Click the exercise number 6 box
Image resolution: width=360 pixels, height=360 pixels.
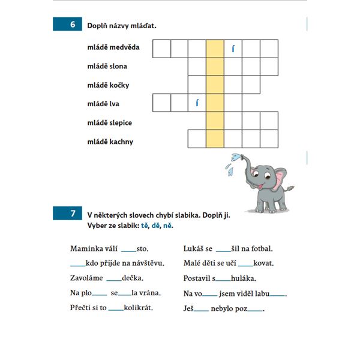coord(72,25)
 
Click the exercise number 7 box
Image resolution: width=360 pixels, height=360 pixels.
coord(72,214)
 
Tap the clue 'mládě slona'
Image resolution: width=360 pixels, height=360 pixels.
coord(107,66)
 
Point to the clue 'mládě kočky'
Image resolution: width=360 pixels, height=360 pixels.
coord(108,85)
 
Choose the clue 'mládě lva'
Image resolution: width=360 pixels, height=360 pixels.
coord(103,104)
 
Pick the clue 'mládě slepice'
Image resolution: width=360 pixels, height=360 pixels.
coord(110,123)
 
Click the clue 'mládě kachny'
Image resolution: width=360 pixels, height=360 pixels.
coord(110,142)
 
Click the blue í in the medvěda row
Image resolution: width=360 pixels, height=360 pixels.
coord(233,49)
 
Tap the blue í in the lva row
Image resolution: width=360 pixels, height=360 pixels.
coord(197,103)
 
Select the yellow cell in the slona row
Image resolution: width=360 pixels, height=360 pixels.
coord(215,66)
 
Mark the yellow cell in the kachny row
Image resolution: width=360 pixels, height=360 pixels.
coord(215,139)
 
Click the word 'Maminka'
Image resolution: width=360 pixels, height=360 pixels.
coord(87,248)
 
